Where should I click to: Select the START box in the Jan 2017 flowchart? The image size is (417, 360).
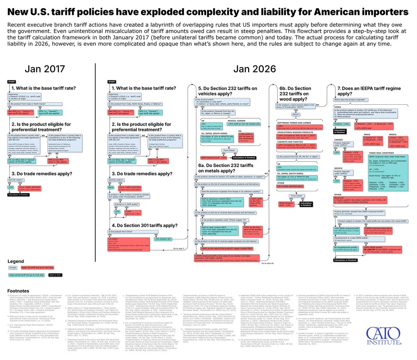pos(11,82)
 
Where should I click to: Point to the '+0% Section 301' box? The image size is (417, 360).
pos(162,239)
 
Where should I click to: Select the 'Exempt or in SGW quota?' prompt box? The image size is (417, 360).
pos(126,204)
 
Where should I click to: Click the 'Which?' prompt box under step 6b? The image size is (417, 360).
pos(296,114)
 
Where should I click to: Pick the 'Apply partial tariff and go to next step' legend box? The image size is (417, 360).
pos(26,275)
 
